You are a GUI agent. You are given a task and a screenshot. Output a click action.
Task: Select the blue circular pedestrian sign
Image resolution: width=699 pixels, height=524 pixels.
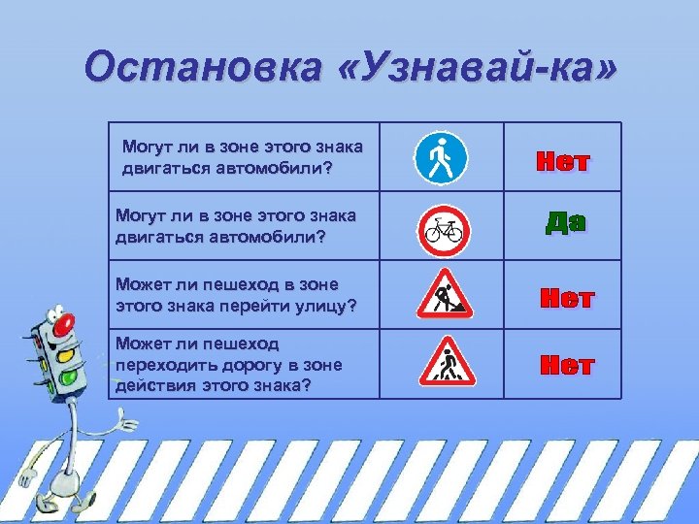pyautogui.click(x=441, y=157)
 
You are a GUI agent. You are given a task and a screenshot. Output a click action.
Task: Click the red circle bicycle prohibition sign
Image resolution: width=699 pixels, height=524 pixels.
pyautogui.click(x=444, y=230)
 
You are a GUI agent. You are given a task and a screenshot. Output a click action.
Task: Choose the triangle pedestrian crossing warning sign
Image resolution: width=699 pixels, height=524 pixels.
pyautogui.click(x=445, y=363)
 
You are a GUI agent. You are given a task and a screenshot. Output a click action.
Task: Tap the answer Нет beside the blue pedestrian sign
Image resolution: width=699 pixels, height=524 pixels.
pyautogui.click(x=563, y=162)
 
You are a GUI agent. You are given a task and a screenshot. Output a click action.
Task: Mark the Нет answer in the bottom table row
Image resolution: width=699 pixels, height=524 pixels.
pyautogui.click(x=566, y=366)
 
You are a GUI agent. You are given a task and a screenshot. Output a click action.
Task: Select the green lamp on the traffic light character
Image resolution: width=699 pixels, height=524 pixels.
pyautogui.click(x=69, y=377)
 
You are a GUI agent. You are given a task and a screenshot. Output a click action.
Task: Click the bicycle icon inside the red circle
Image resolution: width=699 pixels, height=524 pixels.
pyautogui.click(x=444, y=231)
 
